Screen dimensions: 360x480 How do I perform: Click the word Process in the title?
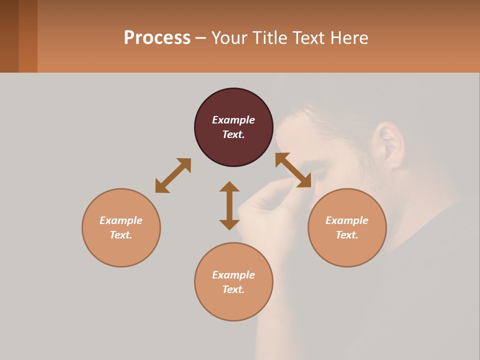tap(157, 38)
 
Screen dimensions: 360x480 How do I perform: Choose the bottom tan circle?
tap(233, 305)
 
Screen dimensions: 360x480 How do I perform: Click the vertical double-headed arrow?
tap(229, 205)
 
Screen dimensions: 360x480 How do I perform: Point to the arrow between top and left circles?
tap(173, 175)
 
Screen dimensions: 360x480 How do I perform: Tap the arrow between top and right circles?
tap(293, 170)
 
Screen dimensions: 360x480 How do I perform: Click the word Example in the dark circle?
tap(233, 120)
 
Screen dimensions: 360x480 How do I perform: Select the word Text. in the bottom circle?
tap(233, 289)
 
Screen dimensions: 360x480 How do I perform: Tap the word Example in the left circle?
tap(121, 220)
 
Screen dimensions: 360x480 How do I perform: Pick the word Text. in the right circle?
tap(347, 235)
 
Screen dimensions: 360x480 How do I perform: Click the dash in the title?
tap(201, 38)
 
